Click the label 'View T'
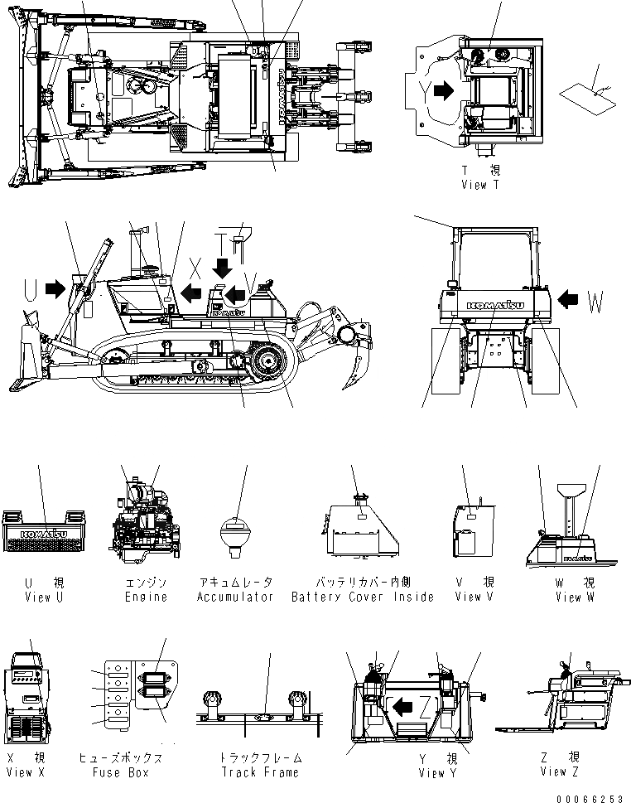coord(480,186)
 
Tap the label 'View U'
coord(38,597)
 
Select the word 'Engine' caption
coord(146,597)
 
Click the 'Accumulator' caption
coord(235,597)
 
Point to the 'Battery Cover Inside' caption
coord(363,597)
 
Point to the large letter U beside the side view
coord(31,289)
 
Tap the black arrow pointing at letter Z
coord(404,706)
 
